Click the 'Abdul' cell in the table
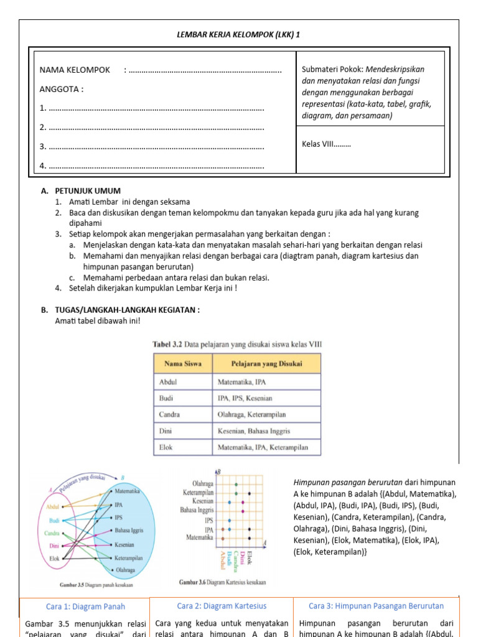[x=169, y=381]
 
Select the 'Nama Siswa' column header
[x=183, y=363]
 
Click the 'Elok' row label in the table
[x=166, y=447]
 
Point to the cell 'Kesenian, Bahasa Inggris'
[x=254, y=430]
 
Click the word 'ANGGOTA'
[x=62, y=89]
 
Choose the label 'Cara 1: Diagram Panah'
[x=85, y=606]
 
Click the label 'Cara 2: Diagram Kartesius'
[x=222, y=606]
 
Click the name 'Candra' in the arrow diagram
[x=51, y=533]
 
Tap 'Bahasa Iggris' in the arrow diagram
[x=129, y=531]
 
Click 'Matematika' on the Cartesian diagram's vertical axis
[x=200, y=537]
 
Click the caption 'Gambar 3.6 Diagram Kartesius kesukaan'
[x=222, y=583]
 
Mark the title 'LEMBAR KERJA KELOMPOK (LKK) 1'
[x=239, y=34]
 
